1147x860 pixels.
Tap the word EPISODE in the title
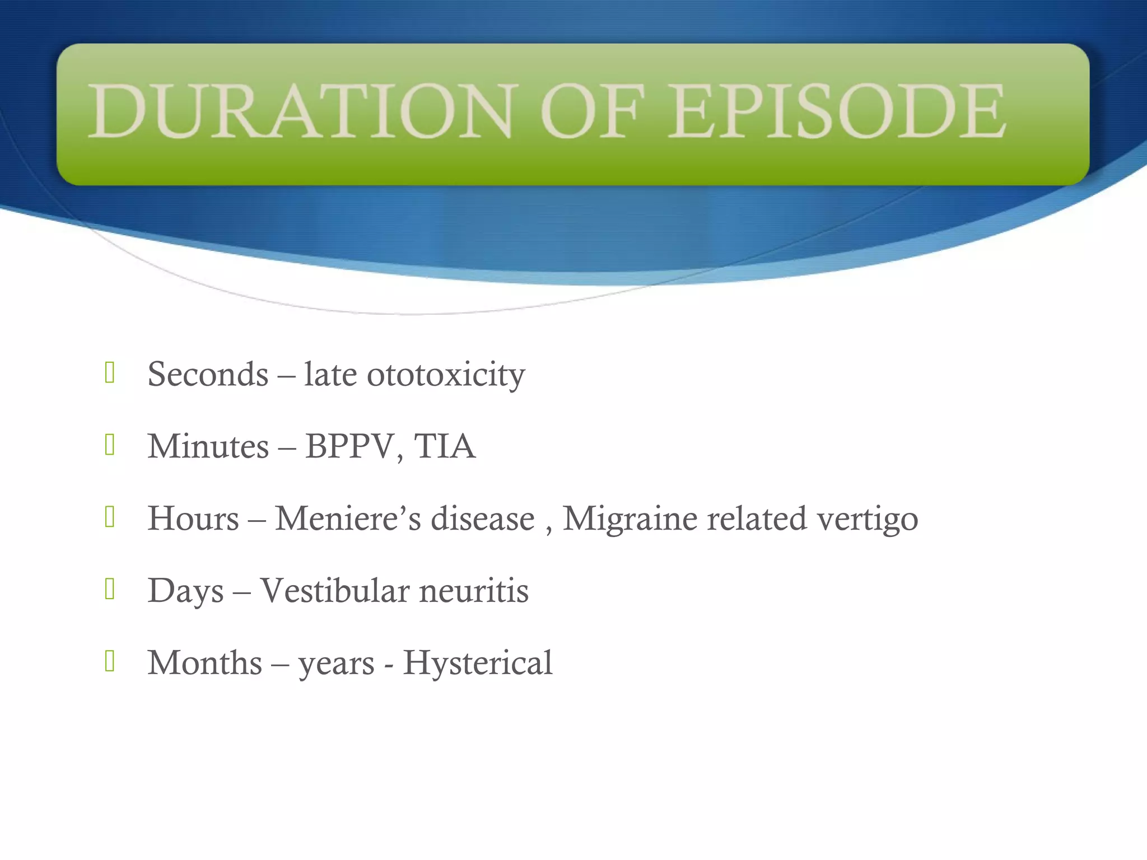[x=837, y=111]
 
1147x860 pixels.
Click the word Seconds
[x=208, y=374]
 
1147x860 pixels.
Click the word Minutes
[x=208, y=446]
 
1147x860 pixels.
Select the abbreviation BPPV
[x=349, y=446]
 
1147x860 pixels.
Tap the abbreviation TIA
[x=445, y=446]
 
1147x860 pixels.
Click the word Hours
[x=193, y=518]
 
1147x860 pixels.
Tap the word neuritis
[x=474, y=590]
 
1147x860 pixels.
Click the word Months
[x=205, y=662]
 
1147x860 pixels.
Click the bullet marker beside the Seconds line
[x=110, y=373]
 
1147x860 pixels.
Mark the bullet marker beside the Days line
[x=110, y=589]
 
